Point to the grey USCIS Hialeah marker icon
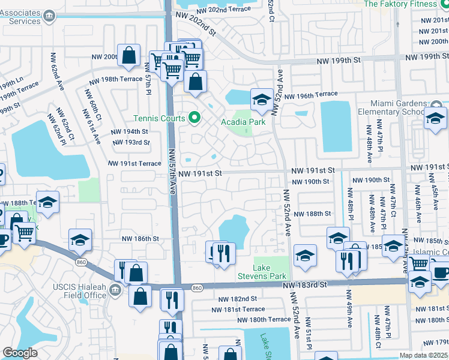[116, 291]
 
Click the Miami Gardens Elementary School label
[394, 107]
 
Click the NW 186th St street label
[142, 238]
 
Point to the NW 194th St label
[129, 131]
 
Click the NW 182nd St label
[238, 298]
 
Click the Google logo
[20, 353]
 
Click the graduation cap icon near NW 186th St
[80, 240]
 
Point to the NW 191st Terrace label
[135, 163]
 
